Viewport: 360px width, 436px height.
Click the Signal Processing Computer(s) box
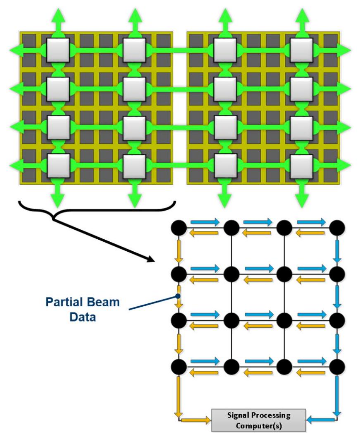pyautogui.click(x=258, y=420)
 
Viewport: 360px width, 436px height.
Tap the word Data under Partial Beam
pyautogui.click(x=82, y=316)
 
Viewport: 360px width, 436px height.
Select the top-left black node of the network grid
pyautogui.click(x=179, y=229)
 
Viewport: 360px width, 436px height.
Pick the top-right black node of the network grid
pyautogui.click(x=338, y=229)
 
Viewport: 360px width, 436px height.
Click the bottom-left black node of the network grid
pyautogui.click(x=179, y=367)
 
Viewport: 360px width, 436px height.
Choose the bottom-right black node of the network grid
pyautogui.click(x=338, y=367)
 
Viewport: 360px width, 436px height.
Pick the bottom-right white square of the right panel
pyautogui.click(x=301, y=165)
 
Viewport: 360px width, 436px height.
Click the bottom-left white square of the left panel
pyautogui.click(x=57, y=165)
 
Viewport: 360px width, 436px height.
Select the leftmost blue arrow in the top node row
pyautogui.click(x=204, y=221)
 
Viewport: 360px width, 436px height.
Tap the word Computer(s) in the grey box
pyautogui.click(x=258, y=425)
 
